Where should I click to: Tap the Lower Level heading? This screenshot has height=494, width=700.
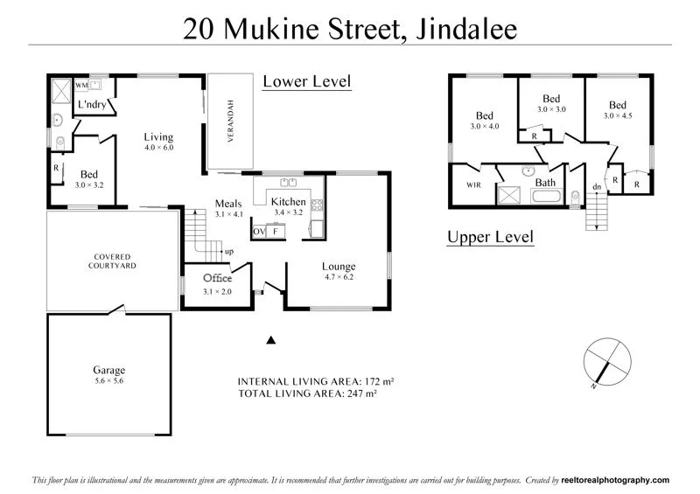pos(306,82)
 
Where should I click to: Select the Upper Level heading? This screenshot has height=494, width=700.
pos(490,237)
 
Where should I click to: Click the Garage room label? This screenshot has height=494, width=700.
pos(109,370)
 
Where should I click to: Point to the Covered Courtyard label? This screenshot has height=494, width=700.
pos(112,261)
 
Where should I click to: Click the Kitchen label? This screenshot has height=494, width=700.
pos(290,201)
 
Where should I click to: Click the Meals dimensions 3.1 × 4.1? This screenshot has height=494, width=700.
pos(230,213)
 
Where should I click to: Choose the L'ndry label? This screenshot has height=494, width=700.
pos(92,104)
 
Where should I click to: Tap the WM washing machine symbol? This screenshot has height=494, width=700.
pos(81,85)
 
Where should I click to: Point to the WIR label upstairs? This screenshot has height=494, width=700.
pos(474,184)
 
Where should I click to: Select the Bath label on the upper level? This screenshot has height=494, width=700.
pos(546,182)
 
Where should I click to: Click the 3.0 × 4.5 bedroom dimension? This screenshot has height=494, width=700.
pos(618,115)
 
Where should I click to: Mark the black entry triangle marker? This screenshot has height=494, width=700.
pos(271,339)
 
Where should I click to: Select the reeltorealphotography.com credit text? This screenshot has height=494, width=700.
pos(605,480)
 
